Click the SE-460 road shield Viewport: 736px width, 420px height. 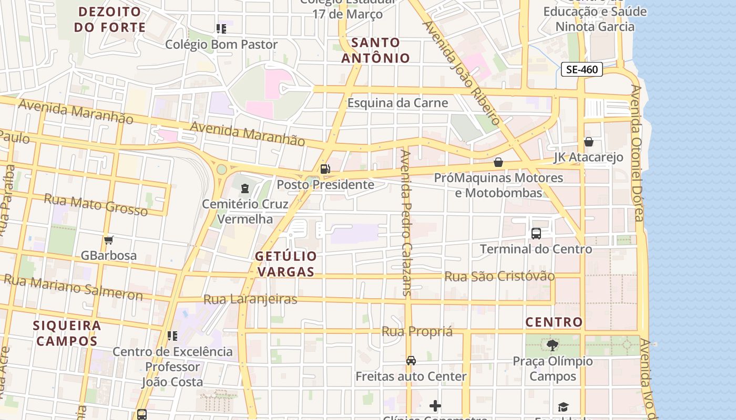pos(581,69)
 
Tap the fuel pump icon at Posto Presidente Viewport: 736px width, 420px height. pos(325,169)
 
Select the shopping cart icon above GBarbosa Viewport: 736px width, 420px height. pos(109,240)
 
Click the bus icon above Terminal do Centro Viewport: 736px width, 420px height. pos(536,233)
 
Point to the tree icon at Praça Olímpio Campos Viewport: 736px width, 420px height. pos(552,345)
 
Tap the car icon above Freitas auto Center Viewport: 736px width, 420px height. pos(411,360)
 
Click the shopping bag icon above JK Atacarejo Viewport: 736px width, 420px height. pos(589,142)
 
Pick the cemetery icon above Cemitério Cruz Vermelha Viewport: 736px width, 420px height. pos(244,188)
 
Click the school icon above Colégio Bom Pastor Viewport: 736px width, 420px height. pos(221,28)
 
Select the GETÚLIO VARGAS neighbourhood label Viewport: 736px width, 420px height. pos(286,264)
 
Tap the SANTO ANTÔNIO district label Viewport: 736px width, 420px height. pos(375,50)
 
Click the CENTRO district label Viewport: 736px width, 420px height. pos(554,322)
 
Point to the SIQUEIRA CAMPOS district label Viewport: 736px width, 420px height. pos(67,333)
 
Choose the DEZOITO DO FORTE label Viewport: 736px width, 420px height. pos(109,19)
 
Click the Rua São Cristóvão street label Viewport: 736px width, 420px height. pos(499,276)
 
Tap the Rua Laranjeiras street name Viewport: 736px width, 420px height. pos(250,299)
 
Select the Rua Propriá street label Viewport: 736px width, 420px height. pos(417,331)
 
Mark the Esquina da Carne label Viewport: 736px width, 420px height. pos(397,103)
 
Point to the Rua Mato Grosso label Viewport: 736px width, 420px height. pos(96,204)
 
